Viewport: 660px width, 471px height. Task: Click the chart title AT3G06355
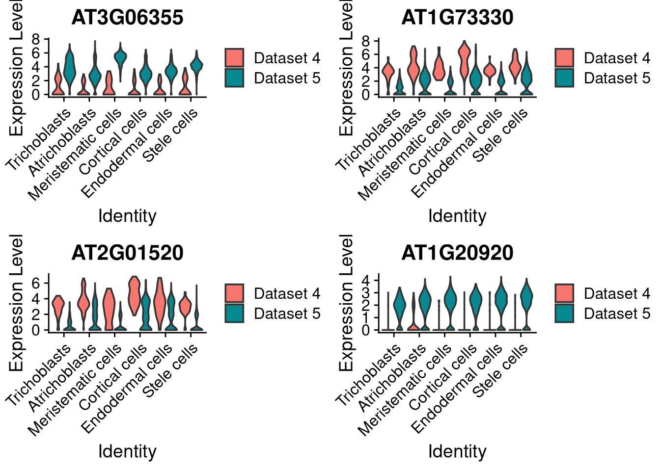[x=127, y=18]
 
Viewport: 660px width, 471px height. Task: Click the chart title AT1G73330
[x=457, y=18]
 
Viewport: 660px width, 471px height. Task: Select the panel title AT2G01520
[x=127, y=253]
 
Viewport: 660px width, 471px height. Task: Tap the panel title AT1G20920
[x=457, y=253]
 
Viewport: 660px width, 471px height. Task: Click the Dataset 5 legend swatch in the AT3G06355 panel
[x=235, y=78]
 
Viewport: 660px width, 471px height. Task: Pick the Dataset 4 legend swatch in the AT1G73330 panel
[x=565, y=58]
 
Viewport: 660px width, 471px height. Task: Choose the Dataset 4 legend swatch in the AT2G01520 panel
[x=235, y=293]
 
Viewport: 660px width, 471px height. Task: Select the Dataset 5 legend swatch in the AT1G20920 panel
[x=565, y=314]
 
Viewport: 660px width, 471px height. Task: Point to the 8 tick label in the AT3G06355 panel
[x=36, y=39]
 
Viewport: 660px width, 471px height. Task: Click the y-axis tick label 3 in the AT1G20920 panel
[x=366, y=293]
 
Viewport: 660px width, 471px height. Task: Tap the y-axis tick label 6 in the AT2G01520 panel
[x=36, y=283]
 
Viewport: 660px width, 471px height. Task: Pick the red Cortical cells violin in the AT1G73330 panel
[x=464, y=59]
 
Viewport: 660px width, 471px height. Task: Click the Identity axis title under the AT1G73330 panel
[x=457, y=216]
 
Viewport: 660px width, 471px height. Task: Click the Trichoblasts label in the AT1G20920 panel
[x=368, y=375]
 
